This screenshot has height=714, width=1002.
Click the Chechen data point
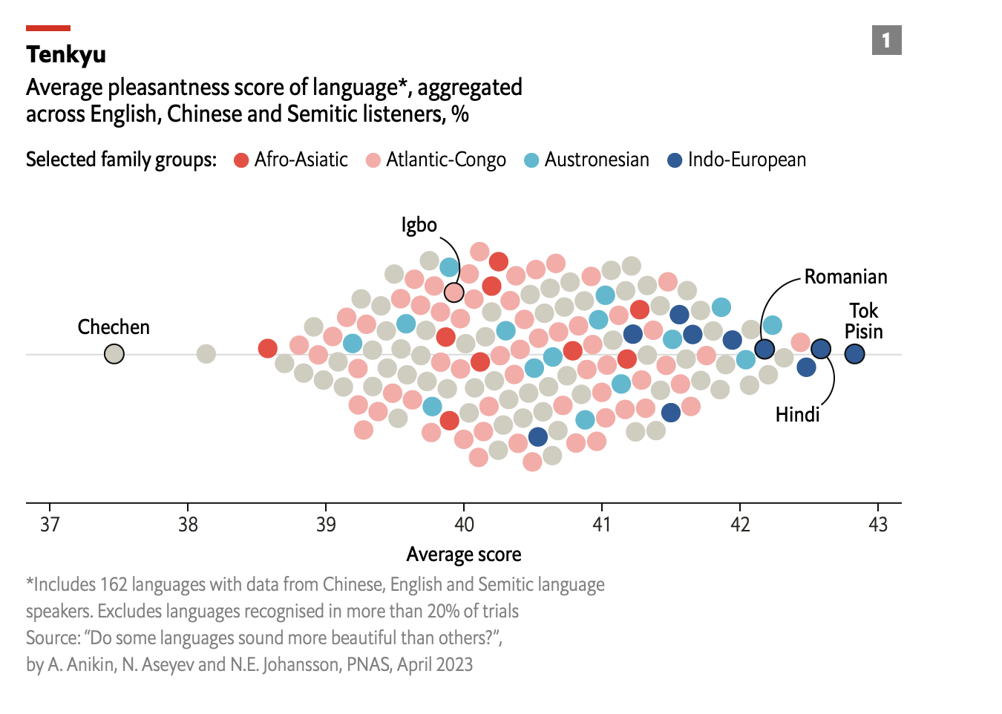click(114, 354)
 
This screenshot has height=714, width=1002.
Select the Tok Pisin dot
click(854, 354)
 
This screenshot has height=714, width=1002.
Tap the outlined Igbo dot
click(454, 292)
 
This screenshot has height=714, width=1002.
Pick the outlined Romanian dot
click(764, 349)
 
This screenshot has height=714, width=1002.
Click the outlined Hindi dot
click(820, 349)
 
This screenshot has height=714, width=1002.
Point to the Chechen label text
click(114, 327)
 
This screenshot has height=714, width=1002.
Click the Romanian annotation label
click(845, 278)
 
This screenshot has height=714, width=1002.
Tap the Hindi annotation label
click(797, 415)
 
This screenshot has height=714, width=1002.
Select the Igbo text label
click(419, 225)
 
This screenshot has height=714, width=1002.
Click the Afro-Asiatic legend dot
click(241, 160)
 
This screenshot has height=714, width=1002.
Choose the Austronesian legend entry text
click(597, 160)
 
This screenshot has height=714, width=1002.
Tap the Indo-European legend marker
click(675, 160)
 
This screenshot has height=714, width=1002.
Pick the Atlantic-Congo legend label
click(446, 160)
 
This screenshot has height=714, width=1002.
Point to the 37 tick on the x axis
click(50, 525)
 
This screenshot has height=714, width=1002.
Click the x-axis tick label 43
click(878, 525)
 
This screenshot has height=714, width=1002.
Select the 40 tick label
click(464, 525)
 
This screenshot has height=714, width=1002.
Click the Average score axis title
click(464, 554)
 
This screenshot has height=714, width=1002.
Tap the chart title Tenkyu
click(66, 54)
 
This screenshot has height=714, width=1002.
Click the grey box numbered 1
click(886, 40)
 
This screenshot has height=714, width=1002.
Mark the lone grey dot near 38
click(206, 354)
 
